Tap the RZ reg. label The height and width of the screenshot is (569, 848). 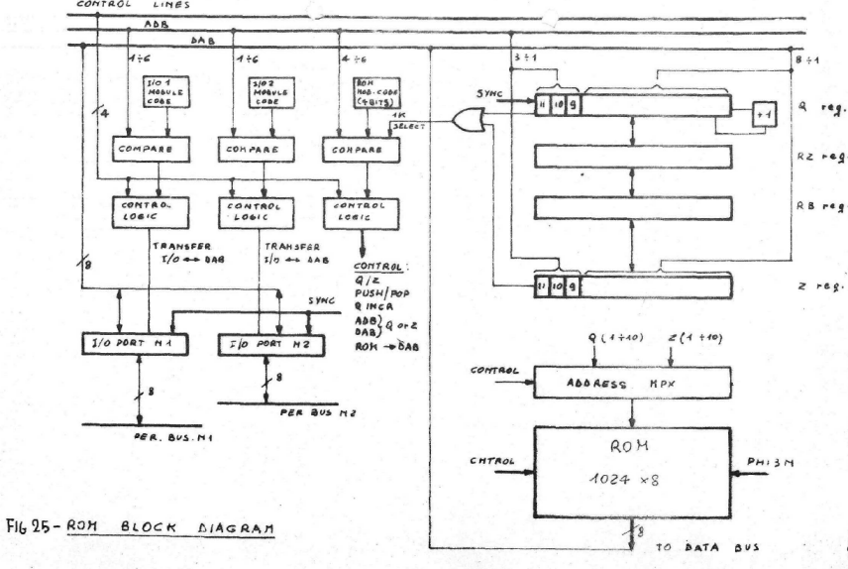tap(818, 156)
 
